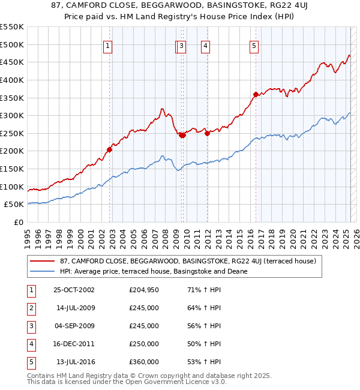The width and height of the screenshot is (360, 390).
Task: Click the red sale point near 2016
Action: pyautogui.click(x=256, y=94)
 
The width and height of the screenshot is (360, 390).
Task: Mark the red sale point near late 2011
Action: pyautogui.click(x=207, y=133)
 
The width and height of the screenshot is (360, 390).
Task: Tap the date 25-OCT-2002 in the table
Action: pyautogui.click(x=74, y=290)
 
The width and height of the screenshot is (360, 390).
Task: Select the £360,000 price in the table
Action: pyautogui.click(x=143, y=362)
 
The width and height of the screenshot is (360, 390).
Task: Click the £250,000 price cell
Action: pyautogui.click(x=143, y=344)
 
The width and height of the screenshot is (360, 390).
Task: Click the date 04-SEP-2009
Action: pyautogui.click(x=74, y=326)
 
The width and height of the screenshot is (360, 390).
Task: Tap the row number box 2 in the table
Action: pyautogui.click(x=30, y=308)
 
